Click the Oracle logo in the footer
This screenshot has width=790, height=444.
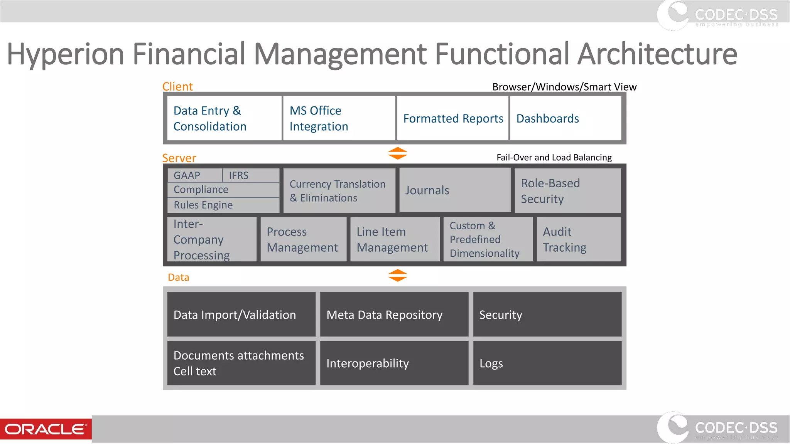tap(46, 429)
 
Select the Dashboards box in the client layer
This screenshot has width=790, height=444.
tap(565, 118)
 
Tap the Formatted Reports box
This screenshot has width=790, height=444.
tap(453, 118)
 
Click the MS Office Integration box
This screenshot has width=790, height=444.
tap(339, 118)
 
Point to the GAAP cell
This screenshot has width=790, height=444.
tap(194, 175)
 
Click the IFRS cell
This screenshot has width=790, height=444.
tap(251, 175)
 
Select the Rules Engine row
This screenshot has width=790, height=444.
tap(223, 205)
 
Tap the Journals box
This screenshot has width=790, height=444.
tap(454, 190)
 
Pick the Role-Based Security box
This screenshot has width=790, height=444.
tap(568, 191)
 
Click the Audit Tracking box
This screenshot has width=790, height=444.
tap(579, 239)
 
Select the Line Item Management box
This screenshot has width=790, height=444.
tap(395, 239)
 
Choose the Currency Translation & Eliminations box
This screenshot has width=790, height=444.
tap(339, 191)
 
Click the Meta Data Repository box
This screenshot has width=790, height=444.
tap(394, 314)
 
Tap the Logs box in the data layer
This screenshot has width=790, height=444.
tap(547, 363)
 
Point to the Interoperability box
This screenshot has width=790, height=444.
tap(394, 363)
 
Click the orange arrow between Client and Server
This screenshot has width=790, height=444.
tap(398, 153)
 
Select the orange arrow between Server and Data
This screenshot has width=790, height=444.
tap(398, 275)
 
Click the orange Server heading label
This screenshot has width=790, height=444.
tap(179, 158)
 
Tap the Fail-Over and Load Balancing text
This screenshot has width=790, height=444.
tap(554, 157)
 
